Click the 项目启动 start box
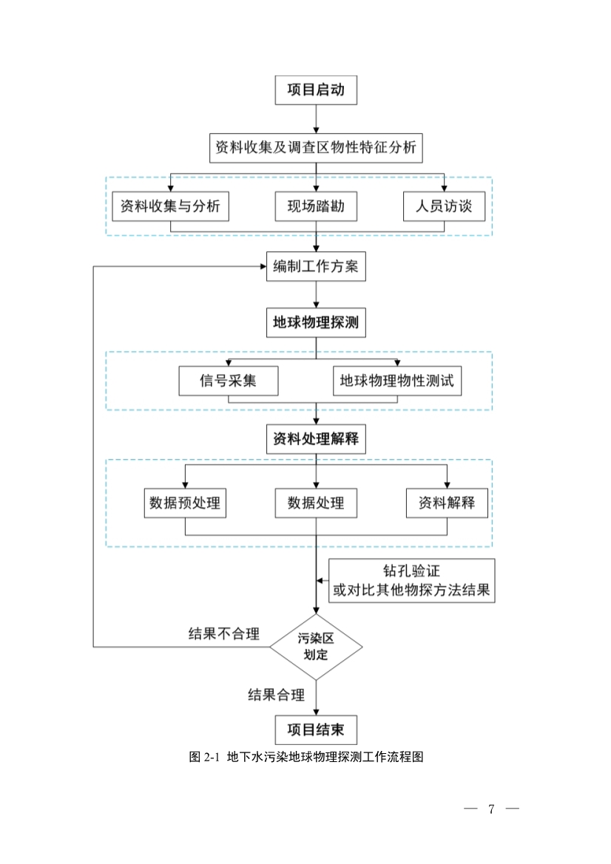(x=316, y=91)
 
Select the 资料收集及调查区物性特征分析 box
(x=316, y=147)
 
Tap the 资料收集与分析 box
(x=170, y=206)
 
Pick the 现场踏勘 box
(x=316, y=206)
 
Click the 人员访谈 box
(x=444, y=206)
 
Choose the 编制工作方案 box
(x=316, y=266)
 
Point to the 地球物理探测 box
(x=316, y=323)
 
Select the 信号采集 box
(x=228, y=381)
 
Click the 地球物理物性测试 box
(x=400, y=381)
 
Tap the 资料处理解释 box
(x=316, y=438)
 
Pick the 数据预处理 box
(x=184, y=503)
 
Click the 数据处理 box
(x=316, y=503)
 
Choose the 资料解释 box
(x=447, y=503)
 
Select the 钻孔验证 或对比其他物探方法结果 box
(x=411, y=581)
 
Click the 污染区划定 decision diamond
(x=316, y=647)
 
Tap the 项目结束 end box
(x=316, y=730)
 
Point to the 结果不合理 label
(x=224, y=634)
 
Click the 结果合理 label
(x=276, y=694)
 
